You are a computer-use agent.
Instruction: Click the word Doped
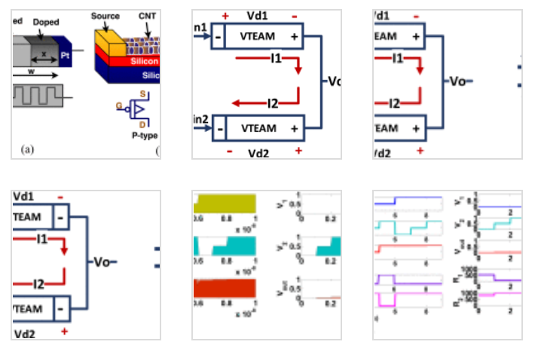(46, 23)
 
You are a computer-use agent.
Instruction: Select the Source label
(105, 16)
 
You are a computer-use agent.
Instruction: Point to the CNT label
(148, 16)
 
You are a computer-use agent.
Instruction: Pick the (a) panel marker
(28, 149)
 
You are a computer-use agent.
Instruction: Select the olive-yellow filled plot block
(225, 203)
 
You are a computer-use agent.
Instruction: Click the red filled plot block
(225, 289)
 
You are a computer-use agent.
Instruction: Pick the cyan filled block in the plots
(225, 246)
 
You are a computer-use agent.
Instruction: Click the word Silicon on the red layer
(143, 61)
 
